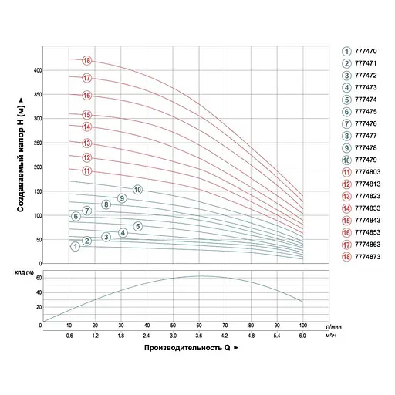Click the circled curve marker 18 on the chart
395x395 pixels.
point(87,61)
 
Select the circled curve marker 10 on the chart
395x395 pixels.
point(137,190)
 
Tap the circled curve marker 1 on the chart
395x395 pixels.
point(75,247)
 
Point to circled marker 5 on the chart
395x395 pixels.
point(137,226)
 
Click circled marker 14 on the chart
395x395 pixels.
point(87,127)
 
